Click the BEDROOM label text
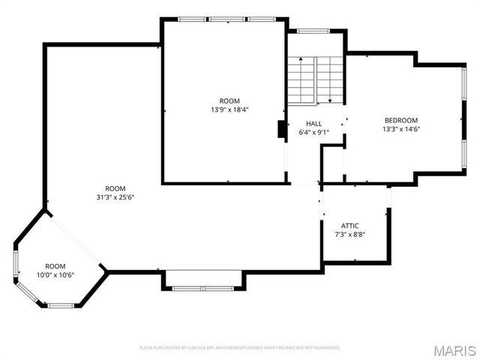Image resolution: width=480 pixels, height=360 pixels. click(x=401, y=120)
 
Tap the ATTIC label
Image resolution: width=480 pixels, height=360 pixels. click(x=349, y=226)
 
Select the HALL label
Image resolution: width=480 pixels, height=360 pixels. click(x=313, y=124)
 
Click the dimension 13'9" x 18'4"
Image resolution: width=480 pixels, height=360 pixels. click(x=229, y=109)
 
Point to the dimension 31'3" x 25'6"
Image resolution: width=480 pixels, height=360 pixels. click(x=115, y=197)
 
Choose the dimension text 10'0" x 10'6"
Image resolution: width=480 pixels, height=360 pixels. click(x=55, y=275)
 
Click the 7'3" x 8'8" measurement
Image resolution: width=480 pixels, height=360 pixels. click(x=349, y=235)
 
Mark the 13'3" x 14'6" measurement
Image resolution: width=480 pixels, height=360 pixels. click(x=401, y=129)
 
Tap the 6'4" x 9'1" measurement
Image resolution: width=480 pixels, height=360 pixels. click(x=313, y=133)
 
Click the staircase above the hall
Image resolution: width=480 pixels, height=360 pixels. click(x=314, y=79)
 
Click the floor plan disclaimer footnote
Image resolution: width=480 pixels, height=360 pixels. click(x=239, y=348)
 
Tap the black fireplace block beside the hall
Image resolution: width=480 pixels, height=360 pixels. click(x=281, y=130)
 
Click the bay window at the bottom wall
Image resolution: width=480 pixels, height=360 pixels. click(x=203, y=286)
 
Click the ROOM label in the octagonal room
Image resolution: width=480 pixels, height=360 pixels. click(x=55, y=266)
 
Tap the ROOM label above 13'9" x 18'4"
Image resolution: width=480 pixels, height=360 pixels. click(x=229, y=100)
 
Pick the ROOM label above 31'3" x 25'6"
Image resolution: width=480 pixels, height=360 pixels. click(x=115, y=188)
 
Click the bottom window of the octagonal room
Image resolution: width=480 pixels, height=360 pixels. click(x=60, y=305)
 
